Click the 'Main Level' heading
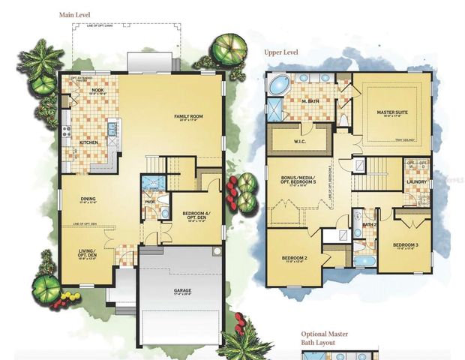pyautogui.click(x=77, y=14)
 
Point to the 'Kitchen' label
pyautogui.click(x=88, y=142)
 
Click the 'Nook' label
pyautogui.click(x=97, y=90)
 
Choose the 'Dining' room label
pyautogui.click(x=88, y=199)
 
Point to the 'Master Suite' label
pyautogui.click(x=391, y=113)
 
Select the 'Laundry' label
pyautogui.click(x=415, y=181)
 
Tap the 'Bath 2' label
pyautogui.click(x=368, y=223)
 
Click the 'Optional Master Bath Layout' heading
pyautogui.click(x=325, y=338)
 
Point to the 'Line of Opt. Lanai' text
pyautogui.click(x=124, y=28)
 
